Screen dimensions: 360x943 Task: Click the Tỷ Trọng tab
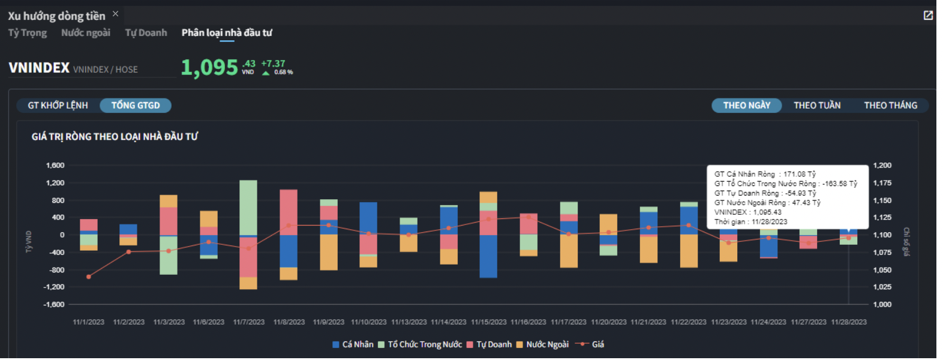click(28, 33)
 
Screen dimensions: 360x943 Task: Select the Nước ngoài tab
click(86, 33)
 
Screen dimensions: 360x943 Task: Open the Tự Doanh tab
click(146, 33)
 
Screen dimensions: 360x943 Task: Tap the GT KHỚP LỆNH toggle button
click(58, 106)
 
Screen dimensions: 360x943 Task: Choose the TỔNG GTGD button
click(136, 106)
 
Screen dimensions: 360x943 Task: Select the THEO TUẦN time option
click(816, 106)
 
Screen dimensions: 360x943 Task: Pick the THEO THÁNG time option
click(890, 106)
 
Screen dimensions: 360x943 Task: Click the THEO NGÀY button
click(746, 106)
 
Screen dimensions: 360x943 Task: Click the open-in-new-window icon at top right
click(928, 16)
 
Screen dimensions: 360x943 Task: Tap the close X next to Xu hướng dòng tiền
click(116, 14)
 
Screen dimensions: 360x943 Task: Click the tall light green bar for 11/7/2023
click(248, 207)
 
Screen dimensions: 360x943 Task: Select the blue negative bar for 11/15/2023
click(488, 256)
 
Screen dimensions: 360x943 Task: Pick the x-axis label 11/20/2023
click(608, 322)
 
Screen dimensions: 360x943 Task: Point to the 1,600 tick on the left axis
click(55, 166)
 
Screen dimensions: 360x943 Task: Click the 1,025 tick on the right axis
click(882, 287)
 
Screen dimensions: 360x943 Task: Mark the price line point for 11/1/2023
click(89, 277)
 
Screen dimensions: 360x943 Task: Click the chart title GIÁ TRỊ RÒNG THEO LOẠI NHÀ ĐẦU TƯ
click(115, 137)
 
